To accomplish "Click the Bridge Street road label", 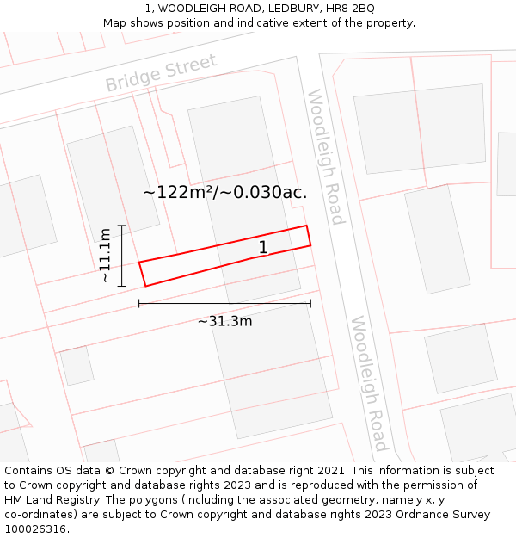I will click(x=161, y=72).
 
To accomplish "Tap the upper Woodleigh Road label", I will click(x=326, y=157).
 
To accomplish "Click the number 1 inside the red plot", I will click(x=263, y=248).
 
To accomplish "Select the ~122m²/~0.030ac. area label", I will click(x=224, y=192).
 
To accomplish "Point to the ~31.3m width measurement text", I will click(x=224, y=321).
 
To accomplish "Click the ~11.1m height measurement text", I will click(x=104, y=256).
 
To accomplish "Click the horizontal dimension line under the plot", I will click(x=224, y=303).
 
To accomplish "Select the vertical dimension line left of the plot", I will click(x=122, y=256).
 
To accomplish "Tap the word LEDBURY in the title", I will click(x=274, y=9).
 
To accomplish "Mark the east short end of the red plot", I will click(x=309, y=236).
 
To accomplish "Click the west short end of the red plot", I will click(x=142, y=274).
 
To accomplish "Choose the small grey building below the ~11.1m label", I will click(x=77, y=365).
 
